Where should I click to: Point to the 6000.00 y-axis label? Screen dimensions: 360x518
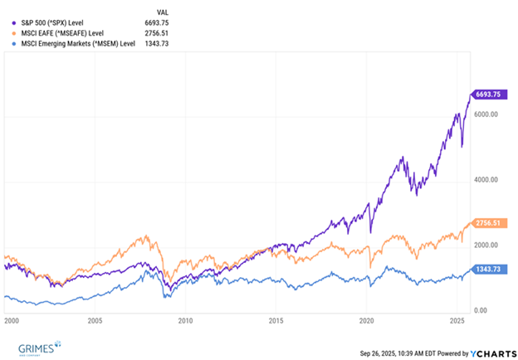point(486,115)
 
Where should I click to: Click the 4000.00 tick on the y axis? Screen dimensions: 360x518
point(486,180)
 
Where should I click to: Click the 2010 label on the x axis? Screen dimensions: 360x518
point(185,319)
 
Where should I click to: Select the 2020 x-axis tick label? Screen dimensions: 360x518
point(367,319)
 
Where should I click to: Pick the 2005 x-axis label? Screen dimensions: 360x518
point(95,319)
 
